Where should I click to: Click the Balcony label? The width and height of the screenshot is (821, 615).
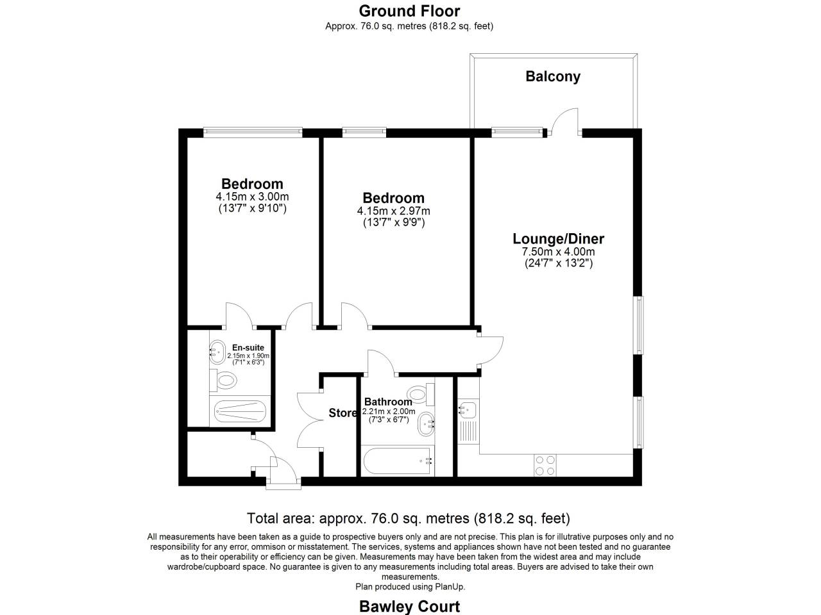[552, 76]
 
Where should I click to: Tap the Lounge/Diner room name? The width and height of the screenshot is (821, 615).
[558, 239]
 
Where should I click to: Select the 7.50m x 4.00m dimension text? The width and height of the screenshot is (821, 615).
[558, 252]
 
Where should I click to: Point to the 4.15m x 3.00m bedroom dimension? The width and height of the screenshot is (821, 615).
[252, 197]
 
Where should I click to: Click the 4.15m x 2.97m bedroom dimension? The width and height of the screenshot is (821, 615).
[393, 211]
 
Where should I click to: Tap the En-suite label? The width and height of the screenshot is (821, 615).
[248, 348]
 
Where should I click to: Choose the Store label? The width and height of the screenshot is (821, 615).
[343, 413]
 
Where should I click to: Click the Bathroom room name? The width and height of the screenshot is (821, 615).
[388, 402]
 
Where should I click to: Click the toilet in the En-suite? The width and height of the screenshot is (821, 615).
[225, 381]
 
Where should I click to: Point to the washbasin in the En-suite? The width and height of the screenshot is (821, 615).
[217, 351]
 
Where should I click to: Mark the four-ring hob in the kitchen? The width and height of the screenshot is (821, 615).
[545, 465]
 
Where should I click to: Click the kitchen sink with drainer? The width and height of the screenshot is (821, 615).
[467, 416]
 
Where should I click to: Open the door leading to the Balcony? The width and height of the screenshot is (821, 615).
[565, 122]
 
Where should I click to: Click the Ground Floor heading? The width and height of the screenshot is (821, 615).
[409, 11]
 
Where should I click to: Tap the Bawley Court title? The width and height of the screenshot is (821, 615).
[409, 606]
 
